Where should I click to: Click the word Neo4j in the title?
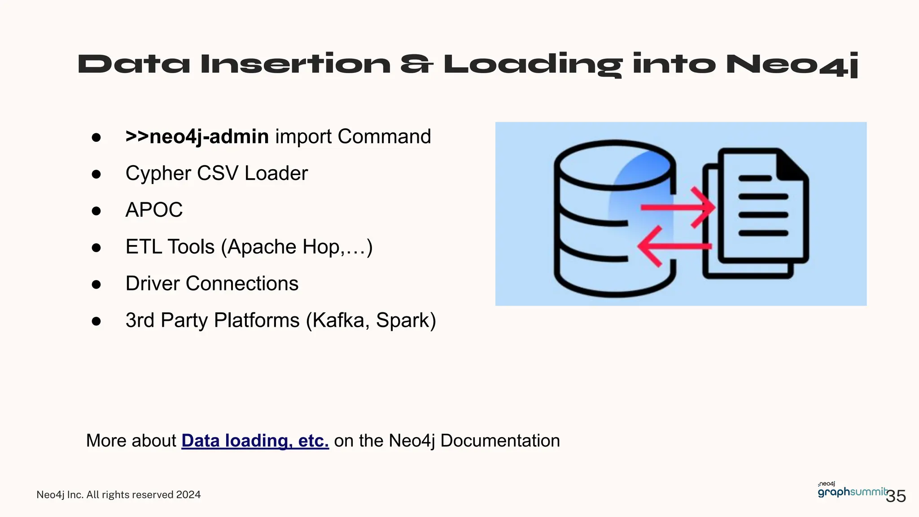(x=792, y=64)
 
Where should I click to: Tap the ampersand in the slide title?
(x=416, y=64)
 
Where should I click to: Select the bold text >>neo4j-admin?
(x=197, y=136)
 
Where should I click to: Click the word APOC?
(x=154, y=210)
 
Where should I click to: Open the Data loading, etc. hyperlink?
(x=255, y=441)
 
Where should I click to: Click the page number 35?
(x=896, y=496)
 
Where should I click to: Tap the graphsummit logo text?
(x=852, y=492)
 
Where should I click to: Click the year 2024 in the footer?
(x=188, y=495)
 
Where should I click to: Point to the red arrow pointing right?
(x=678, y=207)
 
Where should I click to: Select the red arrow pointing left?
(x=673, y=246)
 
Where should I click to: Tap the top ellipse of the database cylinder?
(x=615, y=165)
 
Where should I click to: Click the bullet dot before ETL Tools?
(x=96, y=247)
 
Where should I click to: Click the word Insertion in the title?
(x=296, y=64)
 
